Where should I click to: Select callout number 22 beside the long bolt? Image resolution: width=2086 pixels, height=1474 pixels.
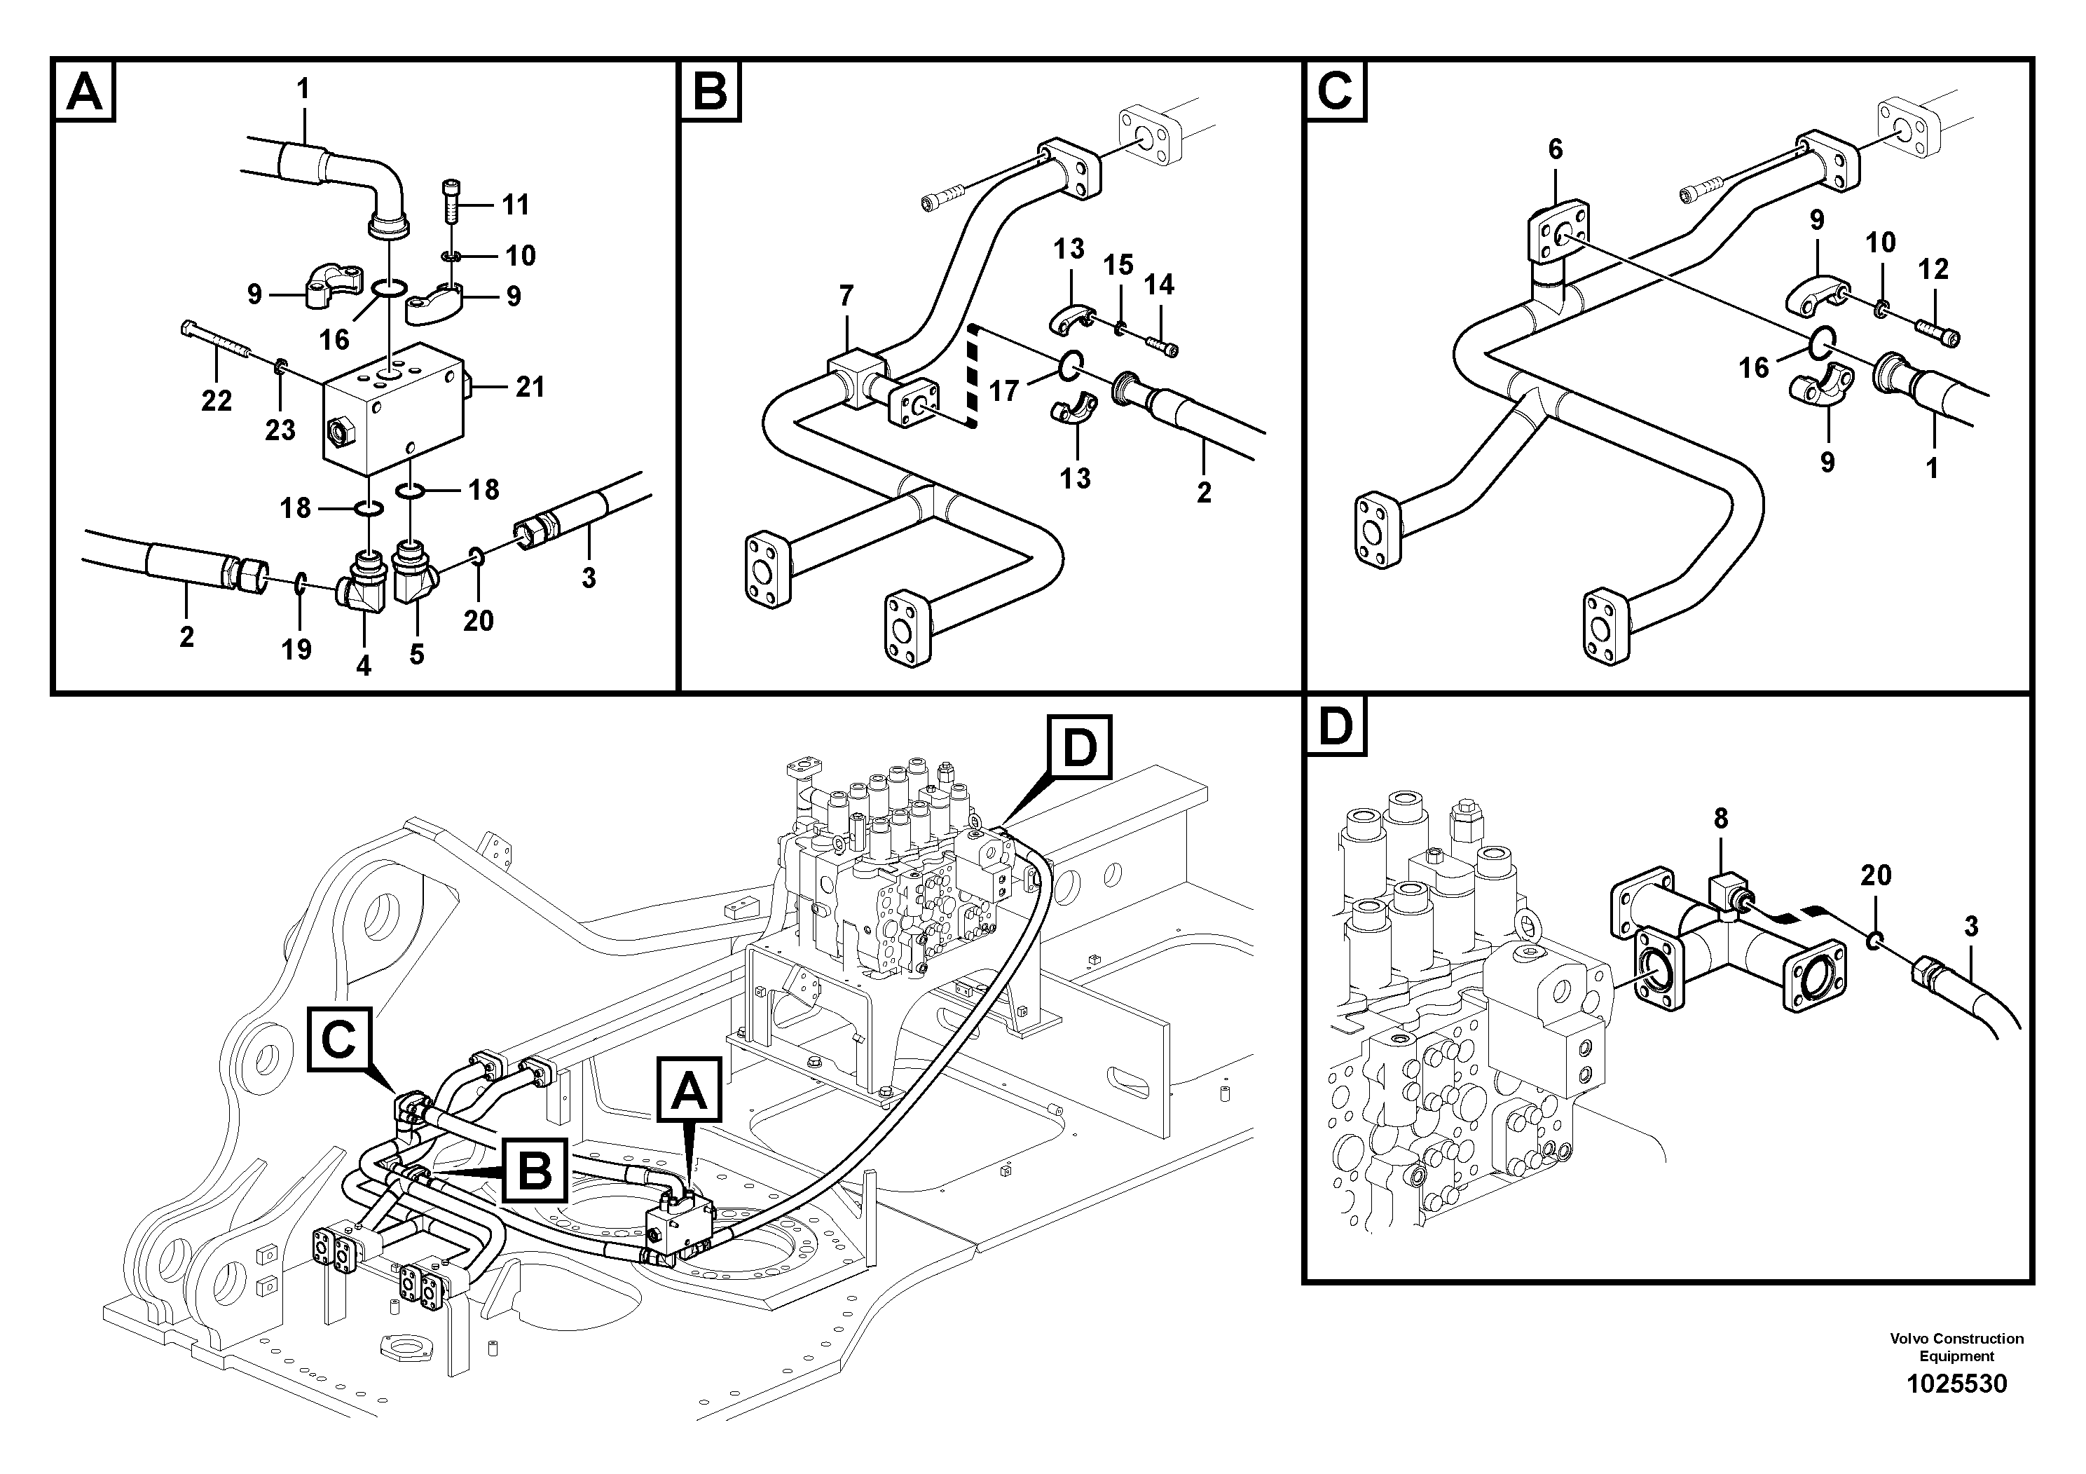(x=217, y=401)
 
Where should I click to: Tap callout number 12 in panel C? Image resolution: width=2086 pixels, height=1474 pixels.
(x=1933, y=269)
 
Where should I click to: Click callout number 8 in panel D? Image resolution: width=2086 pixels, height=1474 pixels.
(x=1721, y=819)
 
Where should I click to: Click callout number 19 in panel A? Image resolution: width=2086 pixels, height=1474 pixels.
(x=296, y=649)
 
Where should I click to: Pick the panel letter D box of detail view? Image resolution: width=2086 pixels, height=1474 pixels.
(x=1336, y=727)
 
